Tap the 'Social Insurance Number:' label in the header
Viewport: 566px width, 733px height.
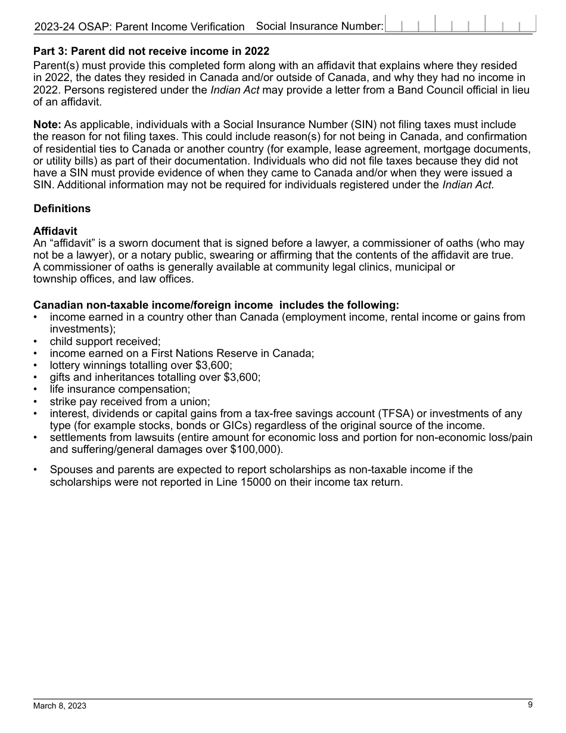(319, 26)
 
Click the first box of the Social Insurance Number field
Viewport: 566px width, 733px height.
(394, 25)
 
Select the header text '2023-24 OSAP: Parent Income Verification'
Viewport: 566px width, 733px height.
(139, 27)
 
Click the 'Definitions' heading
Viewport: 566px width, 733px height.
(62, 208)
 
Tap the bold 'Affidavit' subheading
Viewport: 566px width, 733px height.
(55, 231)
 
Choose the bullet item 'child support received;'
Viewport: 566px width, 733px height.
(105, 341)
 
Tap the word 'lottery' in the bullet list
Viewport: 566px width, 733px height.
(66, 365)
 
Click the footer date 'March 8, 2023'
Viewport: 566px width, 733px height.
(60, 706)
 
